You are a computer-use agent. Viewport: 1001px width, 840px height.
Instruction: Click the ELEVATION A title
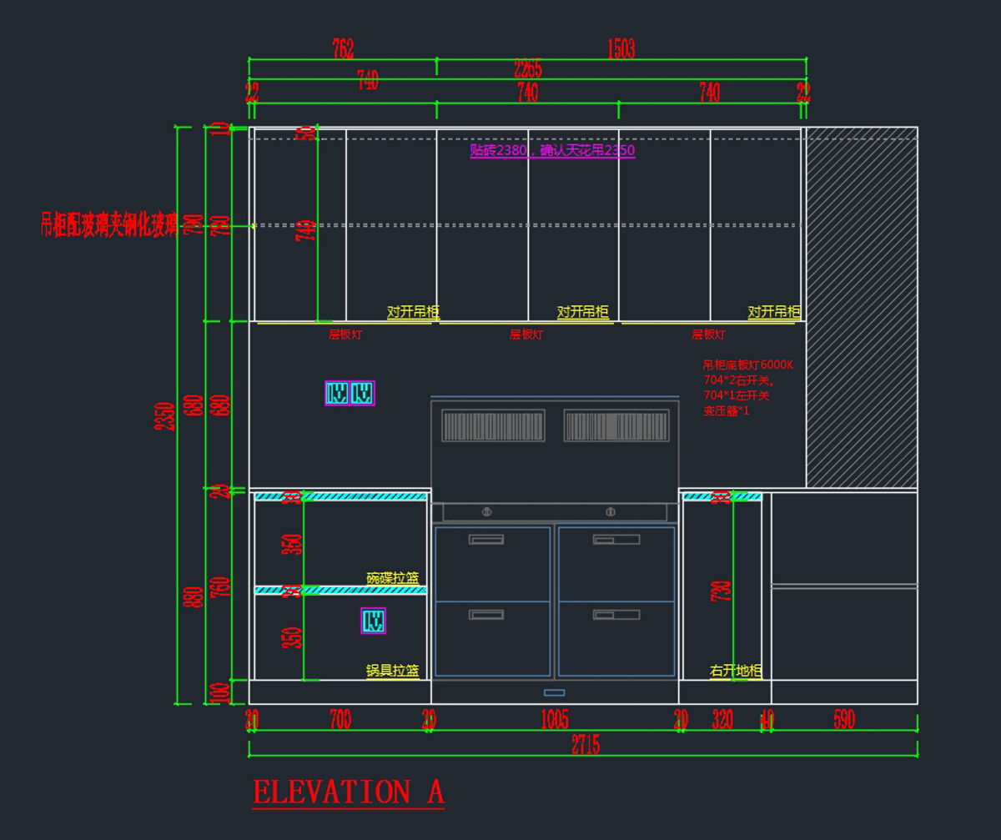[x=348, y=792]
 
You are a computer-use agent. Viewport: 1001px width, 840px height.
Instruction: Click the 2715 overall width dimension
[x=586, y=746]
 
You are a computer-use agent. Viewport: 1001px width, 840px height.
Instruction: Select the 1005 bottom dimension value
[x=555, y=720]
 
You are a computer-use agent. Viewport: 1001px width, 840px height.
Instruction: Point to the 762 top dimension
[x=343, y=49]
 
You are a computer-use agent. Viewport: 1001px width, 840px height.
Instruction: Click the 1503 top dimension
[x=621, y=49]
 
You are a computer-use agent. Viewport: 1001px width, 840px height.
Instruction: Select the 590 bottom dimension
[x=844, y=720]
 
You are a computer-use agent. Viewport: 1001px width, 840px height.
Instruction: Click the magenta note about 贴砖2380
[x=552, y=150]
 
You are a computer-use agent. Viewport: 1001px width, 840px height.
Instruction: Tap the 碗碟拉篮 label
[x=392, y=578]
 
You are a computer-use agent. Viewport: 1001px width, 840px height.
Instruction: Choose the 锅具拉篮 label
[x=392, y=671]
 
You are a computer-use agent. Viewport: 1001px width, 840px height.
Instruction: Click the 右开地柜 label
[x=736, y=671]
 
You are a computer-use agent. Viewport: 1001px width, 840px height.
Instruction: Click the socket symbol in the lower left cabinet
[x=373, y=621]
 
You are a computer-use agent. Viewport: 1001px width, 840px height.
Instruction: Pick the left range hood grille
[x=493, y=425]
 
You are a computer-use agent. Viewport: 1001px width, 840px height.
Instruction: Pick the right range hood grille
[x=616, y=425]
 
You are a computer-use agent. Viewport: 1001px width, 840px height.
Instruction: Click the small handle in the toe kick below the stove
[x=554, y=692]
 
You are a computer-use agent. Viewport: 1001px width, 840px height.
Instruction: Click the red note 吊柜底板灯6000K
[x=748, y=365]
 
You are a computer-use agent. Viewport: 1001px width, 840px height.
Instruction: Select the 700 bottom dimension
[x=340, y=720]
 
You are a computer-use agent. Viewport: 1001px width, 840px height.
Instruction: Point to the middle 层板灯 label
[x=526, y=334]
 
